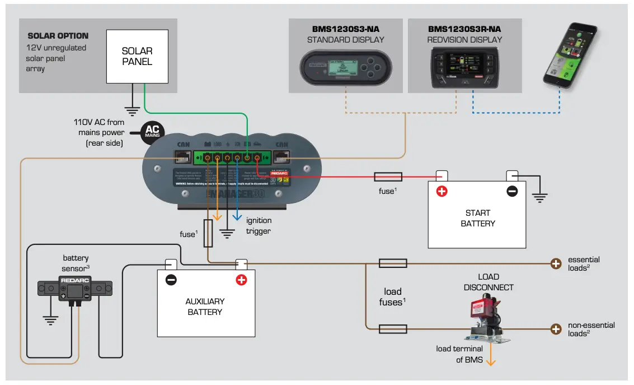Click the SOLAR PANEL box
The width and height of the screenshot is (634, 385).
point(137,55)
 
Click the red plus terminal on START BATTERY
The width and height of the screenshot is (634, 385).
point(442,191)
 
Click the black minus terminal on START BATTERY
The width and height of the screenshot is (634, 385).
point(512,191)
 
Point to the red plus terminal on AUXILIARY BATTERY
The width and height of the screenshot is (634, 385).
point(241,280)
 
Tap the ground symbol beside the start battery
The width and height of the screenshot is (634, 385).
point(539,197)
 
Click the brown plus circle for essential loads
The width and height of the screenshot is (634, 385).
point(556,263)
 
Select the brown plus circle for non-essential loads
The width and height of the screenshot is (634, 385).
point(556,329)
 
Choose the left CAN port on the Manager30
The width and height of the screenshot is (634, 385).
point(184,159)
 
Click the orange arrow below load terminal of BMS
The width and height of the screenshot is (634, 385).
point(491,359)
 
